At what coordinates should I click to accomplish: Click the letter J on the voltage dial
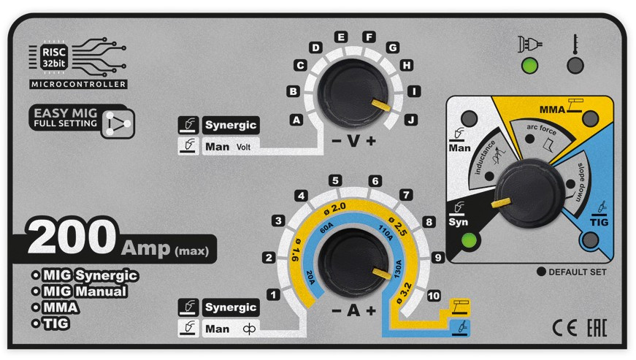pyautogui.click(x=410, y=119)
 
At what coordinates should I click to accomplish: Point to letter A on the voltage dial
pyautogui.click(x=296, y=119)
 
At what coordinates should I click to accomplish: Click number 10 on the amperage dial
pyautogui.click(x=434, y=296)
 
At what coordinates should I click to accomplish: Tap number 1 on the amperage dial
pyautogui.click(x=273, y=295)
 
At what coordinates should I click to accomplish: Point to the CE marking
pyautogui.click(x=563, y=327)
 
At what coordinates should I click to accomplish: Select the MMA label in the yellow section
pyautogui.click(x=553, y=110)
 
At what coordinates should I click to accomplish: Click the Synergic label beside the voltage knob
pyautogui.click(x=231, y=124)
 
